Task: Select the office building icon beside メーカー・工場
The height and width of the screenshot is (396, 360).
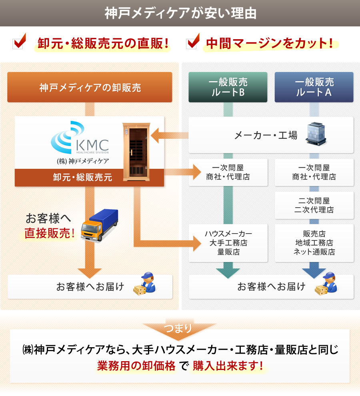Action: point(316,134)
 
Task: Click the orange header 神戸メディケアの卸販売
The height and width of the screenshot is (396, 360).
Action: point(90,87)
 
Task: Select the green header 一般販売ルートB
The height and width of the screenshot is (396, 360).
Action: point(228,87)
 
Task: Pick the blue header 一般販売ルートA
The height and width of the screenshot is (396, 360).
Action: point(314,87)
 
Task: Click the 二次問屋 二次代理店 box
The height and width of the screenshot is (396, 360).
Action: point(314,205)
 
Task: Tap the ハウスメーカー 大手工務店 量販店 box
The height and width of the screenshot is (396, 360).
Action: point(228,243)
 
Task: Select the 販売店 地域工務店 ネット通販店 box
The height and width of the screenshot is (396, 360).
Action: point(314,243)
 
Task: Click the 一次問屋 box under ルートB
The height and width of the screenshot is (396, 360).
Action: point(228,172)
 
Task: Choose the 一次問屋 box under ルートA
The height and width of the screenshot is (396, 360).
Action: point(314,172)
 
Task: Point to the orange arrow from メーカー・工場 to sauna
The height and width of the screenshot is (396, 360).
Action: point(170,135)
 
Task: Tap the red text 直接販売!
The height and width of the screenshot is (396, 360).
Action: point(50,233)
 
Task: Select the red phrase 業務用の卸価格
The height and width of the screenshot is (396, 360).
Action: point(136,366)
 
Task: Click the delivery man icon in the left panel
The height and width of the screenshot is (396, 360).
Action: point(148,284)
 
